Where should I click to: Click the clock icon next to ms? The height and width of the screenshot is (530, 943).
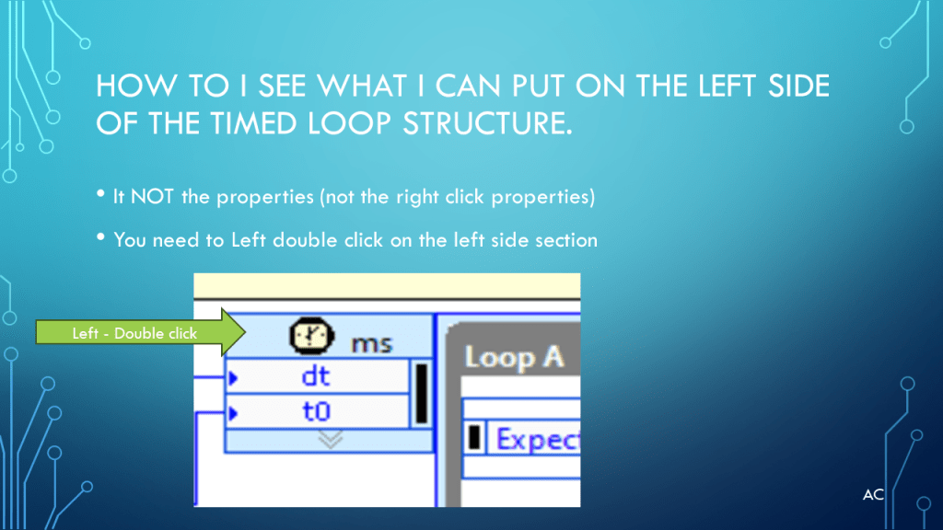point(311,336)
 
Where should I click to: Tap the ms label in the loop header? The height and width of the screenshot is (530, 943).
point(371,344)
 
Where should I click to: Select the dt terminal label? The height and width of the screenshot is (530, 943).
point(316,376)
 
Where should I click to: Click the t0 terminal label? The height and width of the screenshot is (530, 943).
point(317,411)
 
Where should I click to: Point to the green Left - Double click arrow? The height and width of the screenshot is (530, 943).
point(141,332)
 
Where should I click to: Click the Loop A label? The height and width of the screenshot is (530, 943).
point(514,358)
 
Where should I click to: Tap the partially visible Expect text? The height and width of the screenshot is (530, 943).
point(537,439)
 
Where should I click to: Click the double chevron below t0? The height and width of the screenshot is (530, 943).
point(331,439)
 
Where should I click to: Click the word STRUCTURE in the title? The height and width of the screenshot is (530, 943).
point(487,123)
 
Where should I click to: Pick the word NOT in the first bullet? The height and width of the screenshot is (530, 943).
point(152,197)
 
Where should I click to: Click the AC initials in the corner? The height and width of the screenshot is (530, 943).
point(873,494)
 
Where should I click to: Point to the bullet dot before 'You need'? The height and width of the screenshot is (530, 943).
point(100,236)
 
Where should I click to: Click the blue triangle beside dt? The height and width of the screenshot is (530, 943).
point(233,378)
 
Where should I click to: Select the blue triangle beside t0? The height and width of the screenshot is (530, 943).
point(233,413)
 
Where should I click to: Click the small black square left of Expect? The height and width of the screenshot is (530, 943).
point(474,437)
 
